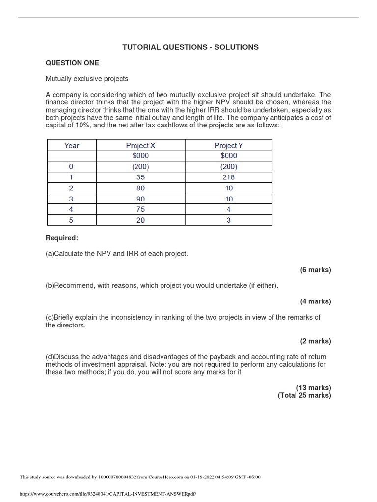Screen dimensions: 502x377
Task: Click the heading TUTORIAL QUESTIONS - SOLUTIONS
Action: click(190, 47)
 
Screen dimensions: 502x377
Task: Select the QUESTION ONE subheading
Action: click(72, 63)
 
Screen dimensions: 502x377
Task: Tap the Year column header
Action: click(72, 145)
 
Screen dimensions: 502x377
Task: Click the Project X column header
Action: click(140, 145)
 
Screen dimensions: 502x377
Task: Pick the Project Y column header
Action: click(229, 145)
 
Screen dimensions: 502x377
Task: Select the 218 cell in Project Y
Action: click(229, 177)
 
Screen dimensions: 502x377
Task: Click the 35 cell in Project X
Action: click(140, 177)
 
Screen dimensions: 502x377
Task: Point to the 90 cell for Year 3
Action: click(140, 199)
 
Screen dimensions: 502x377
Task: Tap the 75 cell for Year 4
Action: click(140, 209)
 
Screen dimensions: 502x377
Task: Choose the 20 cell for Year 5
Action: click(140, 220)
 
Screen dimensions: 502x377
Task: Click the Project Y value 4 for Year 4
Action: click(229, 209)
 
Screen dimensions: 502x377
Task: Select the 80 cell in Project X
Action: click(140, 188)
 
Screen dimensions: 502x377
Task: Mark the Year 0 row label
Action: click(72, 167)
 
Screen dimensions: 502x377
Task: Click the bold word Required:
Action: click(62, 238)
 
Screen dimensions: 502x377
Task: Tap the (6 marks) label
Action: click(316, 270)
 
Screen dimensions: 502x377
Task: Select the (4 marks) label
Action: click(316, 301)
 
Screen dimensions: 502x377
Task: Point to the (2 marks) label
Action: click(316, 341)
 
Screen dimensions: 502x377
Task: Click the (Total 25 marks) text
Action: click(304, 395)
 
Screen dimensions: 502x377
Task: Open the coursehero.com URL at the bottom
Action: click(108, 494)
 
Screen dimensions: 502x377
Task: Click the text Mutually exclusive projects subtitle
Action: click(87, 78)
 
